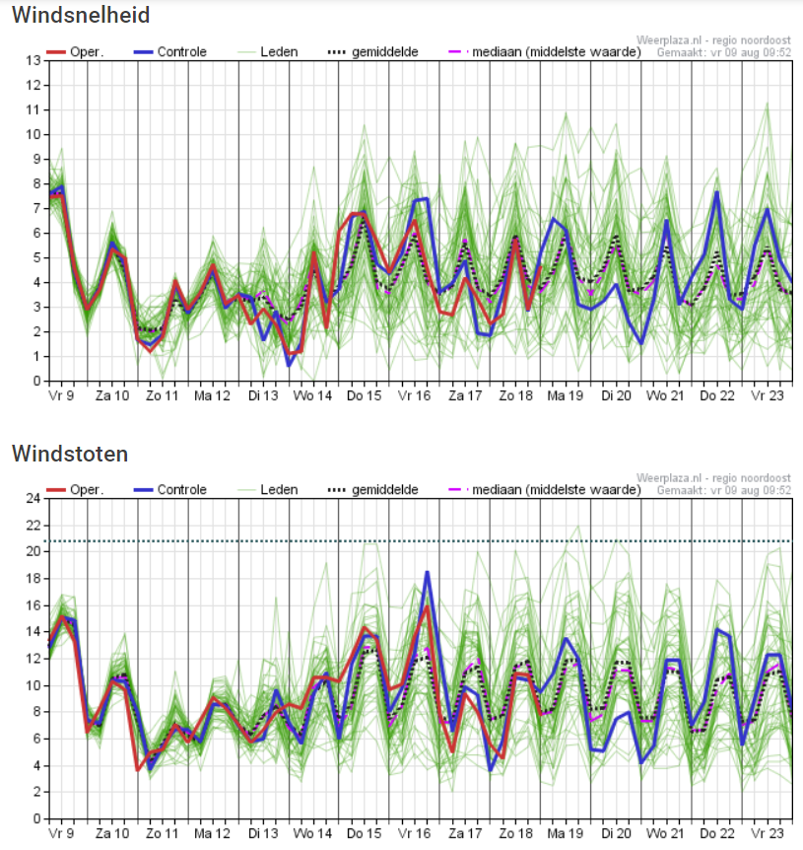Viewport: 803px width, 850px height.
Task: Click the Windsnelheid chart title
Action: click(x=81, y=15)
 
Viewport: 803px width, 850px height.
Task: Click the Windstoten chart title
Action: click(x=70, y=454)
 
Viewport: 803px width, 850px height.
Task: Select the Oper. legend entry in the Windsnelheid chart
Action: click(x=75, y=52)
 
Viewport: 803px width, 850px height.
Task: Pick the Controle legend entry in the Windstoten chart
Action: click(x=170, y=490)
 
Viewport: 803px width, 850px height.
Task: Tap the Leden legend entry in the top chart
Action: click(x=268, y=52)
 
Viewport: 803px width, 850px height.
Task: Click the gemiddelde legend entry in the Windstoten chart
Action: click(x=373, y=490)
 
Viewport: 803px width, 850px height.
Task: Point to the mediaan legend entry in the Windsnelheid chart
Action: click(x=545, y=52)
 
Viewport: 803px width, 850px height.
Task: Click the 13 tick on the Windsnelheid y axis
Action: click(x=33, y=60)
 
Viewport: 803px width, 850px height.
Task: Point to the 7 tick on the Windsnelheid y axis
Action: click(x=36, y=208)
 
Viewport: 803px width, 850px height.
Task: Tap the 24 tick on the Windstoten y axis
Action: click(x=33, y=498)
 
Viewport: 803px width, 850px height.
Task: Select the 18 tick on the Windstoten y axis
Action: click(x=33, y=579)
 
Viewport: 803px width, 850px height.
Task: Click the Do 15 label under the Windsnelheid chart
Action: click(x=364, y=395)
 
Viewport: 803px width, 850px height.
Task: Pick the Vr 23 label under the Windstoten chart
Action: click(x=768, y=833)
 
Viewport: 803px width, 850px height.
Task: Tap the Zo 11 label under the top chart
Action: click(x=162, y=395)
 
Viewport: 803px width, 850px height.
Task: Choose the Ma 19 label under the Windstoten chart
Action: click(x=566, y=833)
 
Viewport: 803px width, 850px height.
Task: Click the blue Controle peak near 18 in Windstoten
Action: click(x=428, y=573)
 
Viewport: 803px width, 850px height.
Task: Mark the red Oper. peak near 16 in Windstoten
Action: click(x=428, y=606)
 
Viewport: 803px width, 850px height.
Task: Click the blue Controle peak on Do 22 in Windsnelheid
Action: click(x=717, y=192)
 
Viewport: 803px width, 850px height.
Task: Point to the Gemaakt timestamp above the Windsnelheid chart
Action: click(x=724, y=52)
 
